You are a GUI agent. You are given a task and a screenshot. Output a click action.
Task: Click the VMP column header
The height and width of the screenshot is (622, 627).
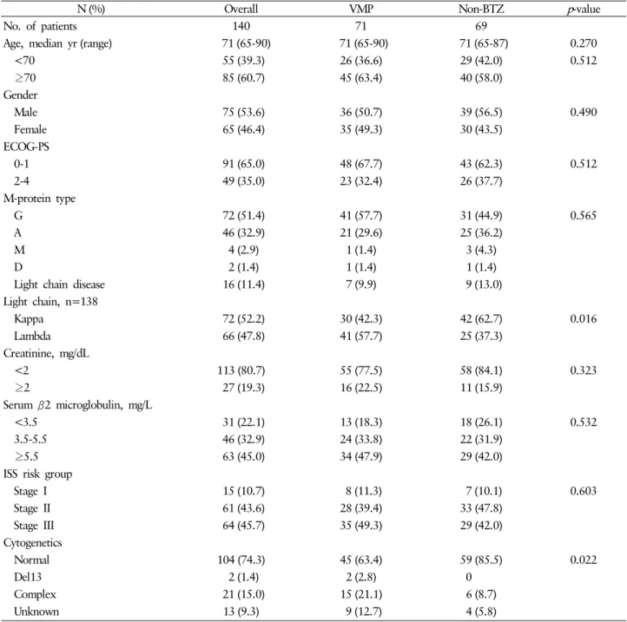pos(361,9)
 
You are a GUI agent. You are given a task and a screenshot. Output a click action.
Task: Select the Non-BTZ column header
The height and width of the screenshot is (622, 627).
pos(481,9)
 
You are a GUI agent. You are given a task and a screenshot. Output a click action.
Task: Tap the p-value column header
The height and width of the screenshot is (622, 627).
pos(584,9)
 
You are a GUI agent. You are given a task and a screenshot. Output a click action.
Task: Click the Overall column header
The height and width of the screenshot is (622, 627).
pos(241,9)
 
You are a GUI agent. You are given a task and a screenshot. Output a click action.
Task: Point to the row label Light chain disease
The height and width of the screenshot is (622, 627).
pos(59,284)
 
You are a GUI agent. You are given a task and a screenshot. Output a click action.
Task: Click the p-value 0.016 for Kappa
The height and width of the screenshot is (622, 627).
pos(584,318)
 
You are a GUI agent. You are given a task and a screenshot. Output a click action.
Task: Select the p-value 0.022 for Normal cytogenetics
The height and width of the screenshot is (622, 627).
pos(584,560)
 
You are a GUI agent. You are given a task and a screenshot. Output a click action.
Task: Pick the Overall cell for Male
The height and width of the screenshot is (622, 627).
pos(243,112)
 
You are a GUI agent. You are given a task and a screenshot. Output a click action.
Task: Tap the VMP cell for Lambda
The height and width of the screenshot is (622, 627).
pos(360,336)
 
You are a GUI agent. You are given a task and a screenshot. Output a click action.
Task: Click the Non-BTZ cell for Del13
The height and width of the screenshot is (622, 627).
pos(468,577)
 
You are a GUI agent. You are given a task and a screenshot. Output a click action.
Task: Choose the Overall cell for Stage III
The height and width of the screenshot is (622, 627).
pos(243,525)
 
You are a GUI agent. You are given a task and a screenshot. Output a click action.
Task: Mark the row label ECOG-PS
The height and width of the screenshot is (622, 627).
pos(26,147)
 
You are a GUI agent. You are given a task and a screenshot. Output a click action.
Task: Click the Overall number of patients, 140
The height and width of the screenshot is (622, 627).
pos(241,26)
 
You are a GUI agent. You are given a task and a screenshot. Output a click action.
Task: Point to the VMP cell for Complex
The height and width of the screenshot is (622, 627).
pos(360,594)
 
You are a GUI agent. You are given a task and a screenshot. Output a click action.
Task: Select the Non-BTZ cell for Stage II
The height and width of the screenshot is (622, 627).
pos(481,507)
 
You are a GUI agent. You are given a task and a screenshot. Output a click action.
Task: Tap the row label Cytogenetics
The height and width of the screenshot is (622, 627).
pos(32,542)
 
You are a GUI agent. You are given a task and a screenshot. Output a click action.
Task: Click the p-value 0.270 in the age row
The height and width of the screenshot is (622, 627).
pos(584,43)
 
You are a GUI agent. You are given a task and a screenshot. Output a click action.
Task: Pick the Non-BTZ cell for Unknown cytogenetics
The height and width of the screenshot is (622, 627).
pos(481,612)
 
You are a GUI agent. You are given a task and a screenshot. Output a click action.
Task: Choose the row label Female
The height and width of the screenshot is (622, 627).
pos(30,129)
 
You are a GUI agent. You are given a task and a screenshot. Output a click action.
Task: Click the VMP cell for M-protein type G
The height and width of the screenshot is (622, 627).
pos(360,215)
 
